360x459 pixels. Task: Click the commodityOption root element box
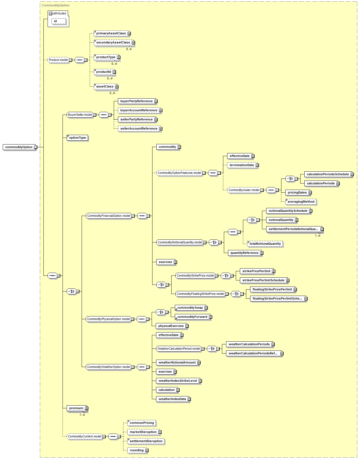coord(19,147)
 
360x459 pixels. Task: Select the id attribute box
coord(58,21)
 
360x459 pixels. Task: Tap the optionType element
coord(77,138)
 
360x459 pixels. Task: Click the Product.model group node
coord(58,60)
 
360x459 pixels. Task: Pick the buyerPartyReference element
coord(137,101)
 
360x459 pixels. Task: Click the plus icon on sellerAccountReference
coord(161,129)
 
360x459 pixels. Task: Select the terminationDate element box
coord(242,165)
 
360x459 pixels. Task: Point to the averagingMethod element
coord(301,202)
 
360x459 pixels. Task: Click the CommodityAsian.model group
coord(244,190)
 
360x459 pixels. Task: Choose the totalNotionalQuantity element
coord(265,244)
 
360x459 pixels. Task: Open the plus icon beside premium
coord(86,408)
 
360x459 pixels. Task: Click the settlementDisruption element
coord(146,441)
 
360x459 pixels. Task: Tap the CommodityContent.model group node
coord(85,437)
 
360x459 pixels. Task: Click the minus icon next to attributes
coord(50,14)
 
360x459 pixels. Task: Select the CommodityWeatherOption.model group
coord(108,367)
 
